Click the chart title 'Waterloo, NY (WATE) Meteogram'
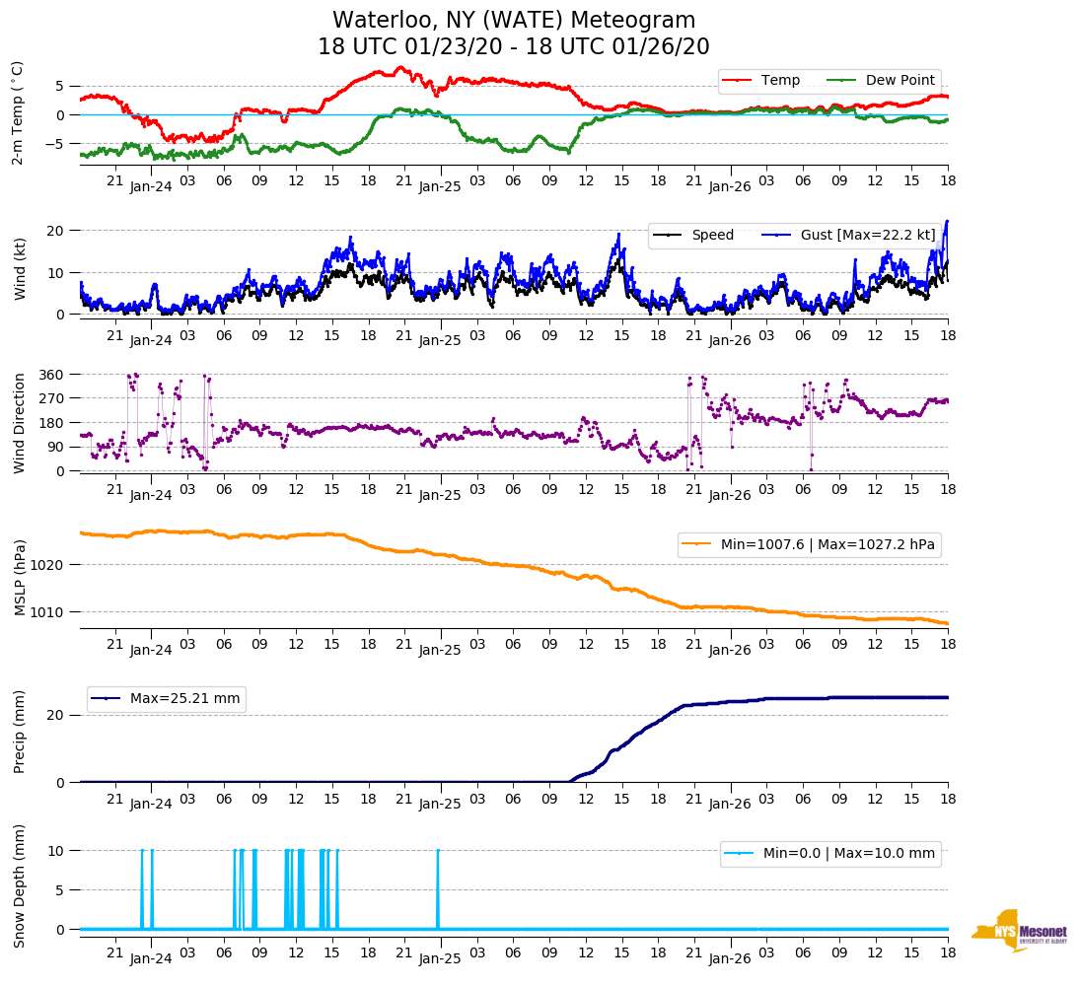coord(513,21)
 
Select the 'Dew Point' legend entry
coord(899,80)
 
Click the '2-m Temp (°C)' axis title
coord(18,112)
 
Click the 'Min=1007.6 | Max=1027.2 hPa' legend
coord(809,544)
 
